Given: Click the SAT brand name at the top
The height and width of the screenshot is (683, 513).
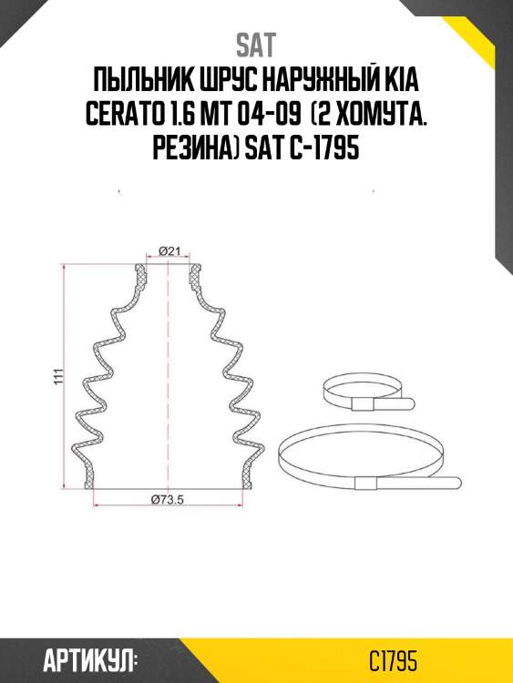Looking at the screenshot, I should [x=256, y=45].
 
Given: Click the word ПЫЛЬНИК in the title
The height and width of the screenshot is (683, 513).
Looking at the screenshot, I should [x=136, y=84].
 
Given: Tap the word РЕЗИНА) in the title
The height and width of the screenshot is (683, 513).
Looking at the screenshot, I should [x=193, y=149].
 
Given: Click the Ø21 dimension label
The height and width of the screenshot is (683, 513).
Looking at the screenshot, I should [x=167, y=250].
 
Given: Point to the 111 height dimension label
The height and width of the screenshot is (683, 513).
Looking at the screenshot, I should [x=56, y=377].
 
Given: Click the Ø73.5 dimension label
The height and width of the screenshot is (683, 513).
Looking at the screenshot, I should [x=167, y=498].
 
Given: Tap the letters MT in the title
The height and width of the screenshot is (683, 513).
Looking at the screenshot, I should [x=228, y=117].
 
